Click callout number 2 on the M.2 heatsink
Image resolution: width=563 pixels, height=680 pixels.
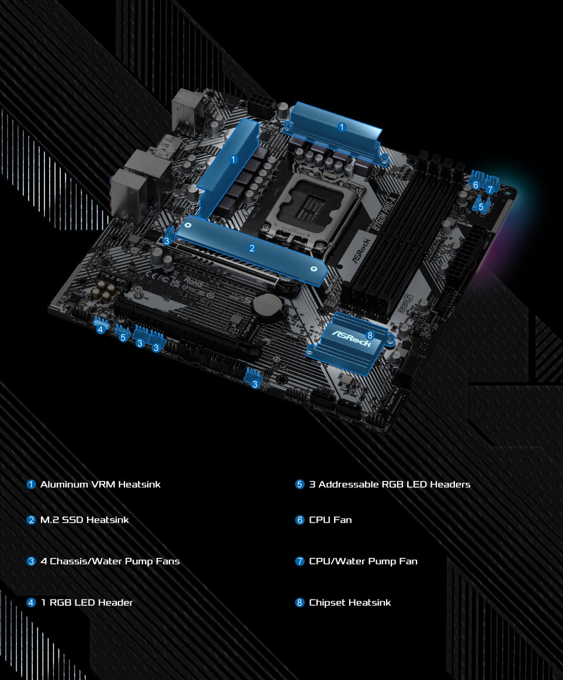pyautogui.click(x=252, y=248)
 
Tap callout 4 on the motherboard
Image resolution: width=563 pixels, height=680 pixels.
pyautogui.click(x=100, y=329)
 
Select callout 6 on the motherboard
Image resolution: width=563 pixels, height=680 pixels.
pyautogui.click(x=476, y=185)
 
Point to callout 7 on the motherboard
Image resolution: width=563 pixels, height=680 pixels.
pyautogui.click(x=490, y=189)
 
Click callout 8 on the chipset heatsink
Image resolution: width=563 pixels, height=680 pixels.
pyautogui.click(x=369, y=335)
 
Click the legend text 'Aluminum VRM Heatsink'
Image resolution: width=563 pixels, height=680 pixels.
pyautogui.click(x=100, y=484)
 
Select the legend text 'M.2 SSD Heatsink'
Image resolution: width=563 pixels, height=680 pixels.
pyautogui.click(x=84, y=519)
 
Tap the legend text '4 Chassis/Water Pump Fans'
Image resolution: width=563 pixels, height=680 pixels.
pyautogui.click(x=110, y=561)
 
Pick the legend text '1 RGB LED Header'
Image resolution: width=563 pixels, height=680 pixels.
pyautogui.click(x=86, y=602)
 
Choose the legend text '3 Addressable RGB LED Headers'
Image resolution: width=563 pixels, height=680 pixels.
pyautogui.click(x=390, y=484)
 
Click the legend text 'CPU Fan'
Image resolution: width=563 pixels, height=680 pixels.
pyautogui.click(x=330, y=519)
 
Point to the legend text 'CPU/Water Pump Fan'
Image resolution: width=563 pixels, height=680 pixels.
pyautogui.click(x=363, y=561)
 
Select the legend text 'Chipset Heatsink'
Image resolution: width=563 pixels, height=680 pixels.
pyautogui.click(x=350, y=602)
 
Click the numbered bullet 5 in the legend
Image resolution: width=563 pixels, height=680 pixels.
pyautogui.click(x=300, y=484)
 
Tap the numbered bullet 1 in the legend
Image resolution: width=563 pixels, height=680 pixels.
pyautogui.click(x=32, y=484)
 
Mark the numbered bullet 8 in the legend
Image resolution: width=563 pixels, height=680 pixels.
pyautogui.click(x=300, y=602)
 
